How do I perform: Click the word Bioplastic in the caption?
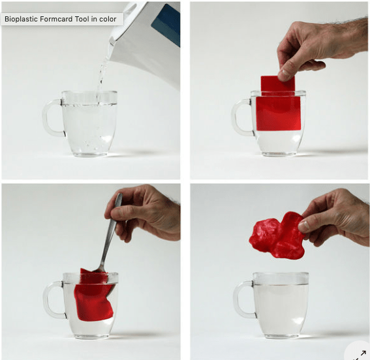click(x=22, y=19)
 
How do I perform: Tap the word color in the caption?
click(x=108, y=19)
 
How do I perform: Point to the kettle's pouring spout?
click(x=112, y=42)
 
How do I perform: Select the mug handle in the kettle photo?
click(x=52, y=118)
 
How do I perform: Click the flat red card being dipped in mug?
click(x=278, y=104)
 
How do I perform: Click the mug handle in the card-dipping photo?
click(x=241, y=118)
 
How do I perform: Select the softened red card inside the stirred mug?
click(x=94, y=295)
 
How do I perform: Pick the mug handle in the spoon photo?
click(x=53, y=300)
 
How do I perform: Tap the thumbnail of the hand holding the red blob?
click(x=304, y=226)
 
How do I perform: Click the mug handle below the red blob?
click(x=243, y=300)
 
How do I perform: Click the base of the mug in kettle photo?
click(x=89, y=155)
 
